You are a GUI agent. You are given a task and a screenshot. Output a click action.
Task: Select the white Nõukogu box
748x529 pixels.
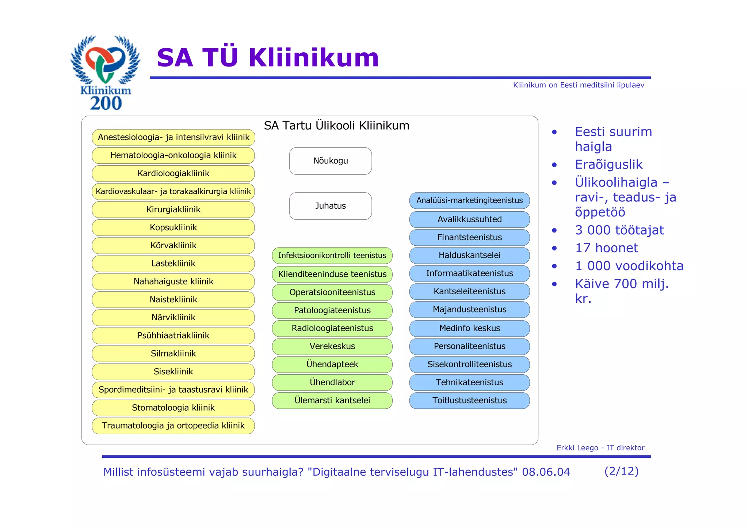330,161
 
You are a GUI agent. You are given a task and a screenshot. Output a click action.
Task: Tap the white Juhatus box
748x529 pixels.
330,206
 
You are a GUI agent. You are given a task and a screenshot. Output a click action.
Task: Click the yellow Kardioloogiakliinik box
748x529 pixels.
173,173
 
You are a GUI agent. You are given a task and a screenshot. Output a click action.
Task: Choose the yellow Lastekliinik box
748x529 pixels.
173,264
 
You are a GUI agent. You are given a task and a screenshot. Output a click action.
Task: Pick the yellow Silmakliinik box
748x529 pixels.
173,354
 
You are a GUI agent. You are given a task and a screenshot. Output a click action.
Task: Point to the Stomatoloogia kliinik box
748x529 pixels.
173,408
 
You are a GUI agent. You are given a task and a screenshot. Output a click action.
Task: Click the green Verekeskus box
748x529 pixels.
332,346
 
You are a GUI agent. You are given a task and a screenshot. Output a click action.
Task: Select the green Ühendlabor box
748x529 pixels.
332,382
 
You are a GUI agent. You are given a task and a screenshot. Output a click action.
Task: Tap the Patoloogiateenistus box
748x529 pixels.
332,310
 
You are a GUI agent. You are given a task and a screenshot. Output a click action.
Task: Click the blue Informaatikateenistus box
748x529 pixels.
469,273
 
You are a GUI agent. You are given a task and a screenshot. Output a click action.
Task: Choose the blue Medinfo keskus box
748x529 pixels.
469,328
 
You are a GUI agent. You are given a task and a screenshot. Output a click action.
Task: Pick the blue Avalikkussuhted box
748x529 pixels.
469,219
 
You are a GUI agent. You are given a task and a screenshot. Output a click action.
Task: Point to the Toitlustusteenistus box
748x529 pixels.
469,400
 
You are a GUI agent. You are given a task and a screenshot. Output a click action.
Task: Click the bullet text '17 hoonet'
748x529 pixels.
606,248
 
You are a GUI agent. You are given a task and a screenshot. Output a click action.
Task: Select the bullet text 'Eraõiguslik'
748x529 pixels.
608,165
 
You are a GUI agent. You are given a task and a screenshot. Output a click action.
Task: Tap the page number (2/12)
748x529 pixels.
621,471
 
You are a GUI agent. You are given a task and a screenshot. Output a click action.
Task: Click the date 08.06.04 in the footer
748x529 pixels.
546,472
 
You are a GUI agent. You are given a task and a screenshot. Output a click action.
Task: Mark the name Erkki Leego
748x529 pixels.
577,448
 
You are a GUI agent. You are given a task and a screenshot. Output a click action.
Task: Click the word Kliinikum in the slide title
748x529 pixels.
314,58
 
